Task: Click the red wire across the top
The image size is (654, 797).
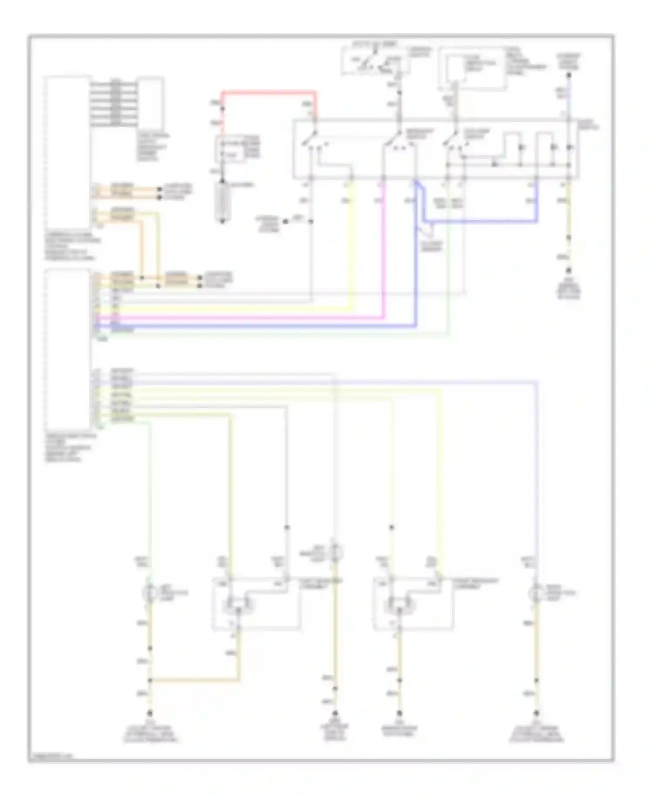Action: tap(268, 92)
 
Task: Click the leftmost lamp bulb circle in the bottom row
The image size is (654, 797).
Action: tap(150, 593)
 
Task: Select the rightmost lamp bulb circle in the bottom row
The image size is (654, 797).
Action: tap(536, 593)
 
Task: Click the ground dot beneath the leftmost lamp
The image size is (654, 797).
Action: tap(150, 714)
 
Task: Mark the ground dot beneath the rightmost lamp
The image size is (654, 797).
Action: tap(536, 714)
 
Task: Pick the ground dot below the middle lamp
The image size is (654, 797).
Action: tap(335, 714)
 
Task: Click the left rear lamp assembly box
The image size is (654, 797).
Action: tap(256, 604)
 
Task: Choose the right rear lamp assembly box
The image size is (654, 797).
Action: tap(413, 604)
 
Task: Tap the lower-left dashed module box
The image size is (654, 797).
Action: tap(68, 349)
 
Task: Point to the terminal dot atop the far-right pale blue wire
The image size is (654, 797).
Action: tap(568, 75)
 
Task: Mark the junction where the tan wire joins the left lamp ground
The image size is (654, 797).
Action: tap(150, 680)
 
